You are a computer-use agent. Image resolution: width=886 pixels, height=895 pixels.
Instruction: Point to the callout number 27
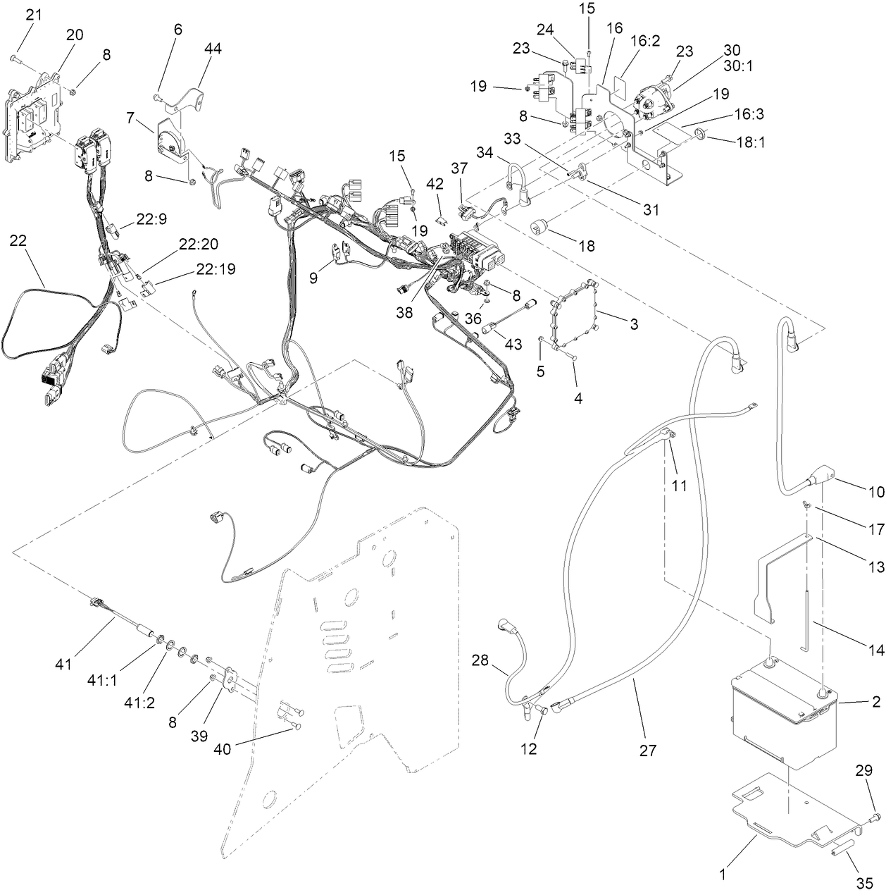[647, 751]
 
